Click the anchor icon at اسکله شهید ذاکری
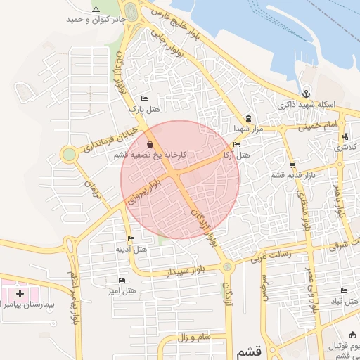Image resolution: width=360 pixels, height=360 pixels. tap(306, 94)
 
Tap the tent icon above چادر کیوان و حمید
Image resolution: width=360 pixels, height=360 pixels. tap(96, 9)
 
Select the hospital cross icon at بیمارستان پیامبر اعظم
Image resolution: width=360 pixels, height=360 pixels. tap(19, 292)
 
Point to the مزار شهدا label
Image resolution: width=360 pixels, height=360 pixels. tap(249, 129)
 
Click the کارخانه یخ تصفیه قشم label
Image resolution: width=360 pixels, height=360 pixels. tap(151, 154)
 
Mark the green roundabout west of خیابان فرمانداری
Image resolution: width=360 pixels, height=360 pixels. tap(68, 154)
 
